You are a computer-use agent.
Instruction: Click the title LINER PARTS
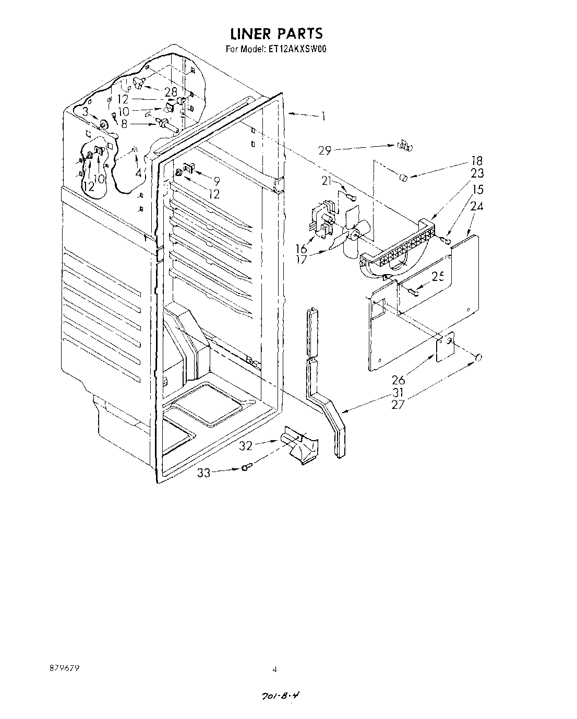coord(277,34)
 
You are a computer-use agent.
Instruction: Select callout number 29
coord(324,151)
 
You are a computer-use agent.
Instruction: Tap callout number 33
coord(204,473)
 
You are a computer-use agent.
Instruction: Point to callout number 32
coord(246,446)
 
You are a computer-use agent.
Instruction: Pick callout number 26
coord(399,380)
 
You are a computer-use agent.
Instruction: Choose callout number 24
coord(477,206)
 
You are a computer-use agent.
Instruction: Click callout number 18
coord(477,161)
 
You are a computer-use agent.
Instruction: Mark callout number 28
coord(171,92)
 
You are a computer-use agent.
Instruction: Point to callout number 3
coord(85,111)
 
